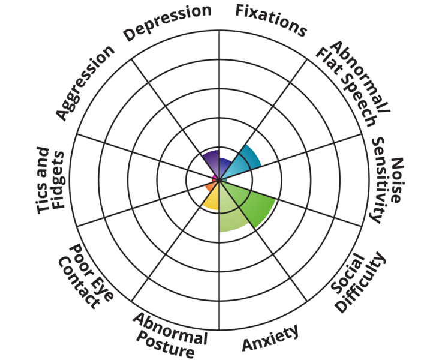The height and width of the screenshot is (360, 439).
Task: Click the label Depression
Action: point(167,22)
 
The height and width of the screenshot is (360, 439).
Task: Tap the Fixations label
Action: point(271,20)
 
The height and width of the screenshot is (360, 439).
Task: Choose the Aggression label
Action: point(85,83)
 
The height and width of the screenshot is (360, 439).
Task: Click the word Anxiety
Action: point(270,338)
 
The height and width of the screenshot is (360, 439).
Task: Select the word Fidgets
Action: point(59,180)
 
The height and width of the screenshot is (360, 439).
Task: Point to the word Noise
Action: point(397,180)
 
